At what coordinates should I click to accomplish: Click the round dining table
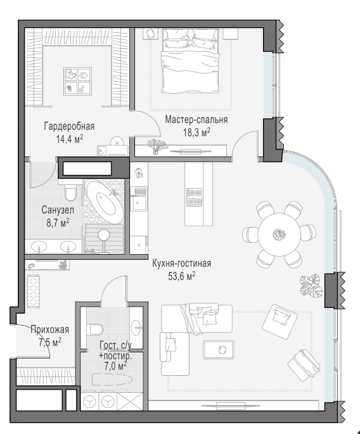tap(279, 234)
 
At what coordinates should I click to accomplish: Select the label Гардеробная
tap(69, 126)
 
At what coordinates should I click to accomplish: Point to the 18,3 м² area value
tap(196, 132)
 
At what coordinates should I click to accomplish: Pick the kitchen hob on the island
tap(194, 197)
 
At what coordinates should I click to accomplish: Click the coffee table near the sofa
tap(219, 350)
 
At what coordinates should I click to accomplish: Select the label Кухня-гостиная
tap(182, 263)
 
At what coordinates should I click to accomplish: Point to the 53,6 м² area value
tap(182, 276)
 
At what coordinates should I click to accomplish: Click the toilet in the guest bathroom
tap(94, 329)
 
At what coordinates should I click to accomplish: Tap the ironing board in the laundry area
tap(112, 380)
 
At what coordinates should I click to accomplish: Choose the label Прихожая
tap(50, 329)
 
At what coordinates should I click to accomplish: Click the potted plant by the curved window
tap(311, 285)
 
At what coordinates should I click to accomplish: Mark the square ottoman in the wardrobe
tap(77, 81)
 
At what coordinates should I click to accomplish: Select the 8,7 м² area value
tap(58, 223)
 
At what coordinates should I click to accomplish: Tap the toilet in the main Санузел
tap(70, 191)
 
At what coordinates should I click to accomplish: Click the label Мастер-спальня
tap(196, 120)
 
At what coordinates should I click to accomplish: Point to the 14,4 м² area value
tap(70, 139)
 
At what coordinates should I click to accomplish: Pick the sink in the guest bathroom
tap(136, 328)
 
